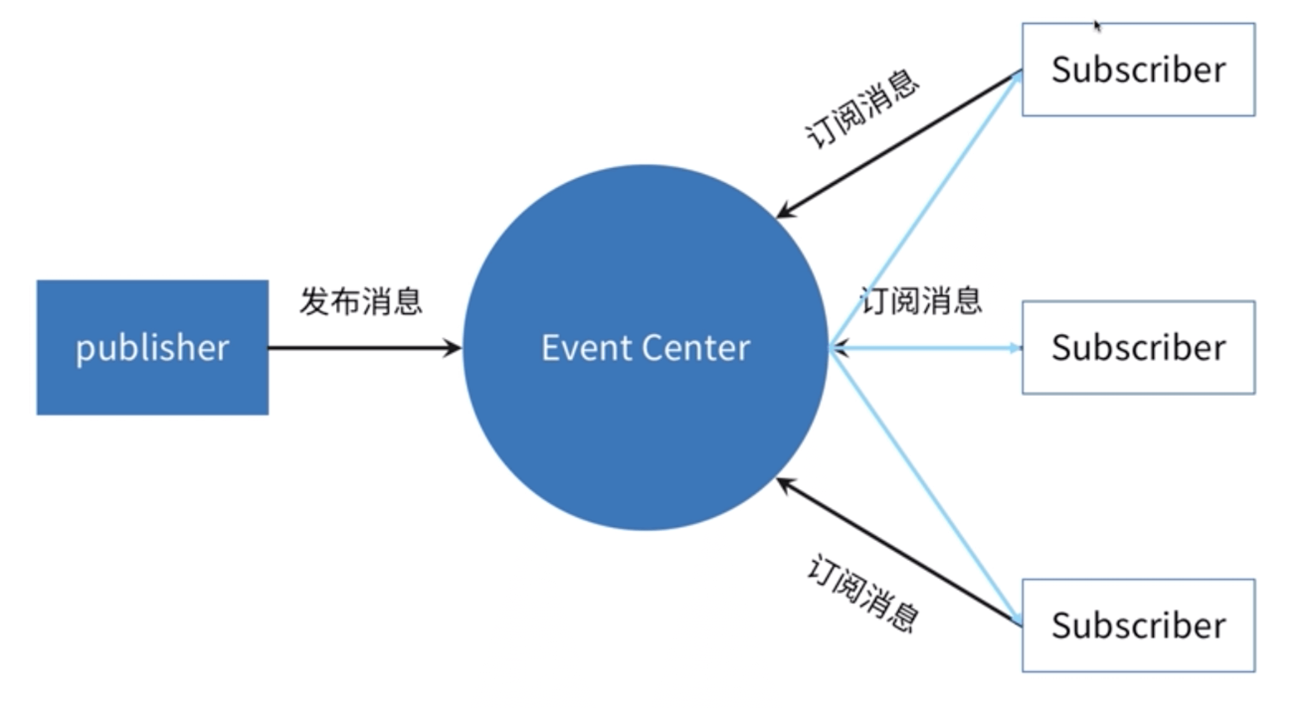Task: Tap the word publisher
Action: (153, 349)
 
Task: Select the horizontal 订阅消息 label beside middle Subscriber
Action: (921, 300)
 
